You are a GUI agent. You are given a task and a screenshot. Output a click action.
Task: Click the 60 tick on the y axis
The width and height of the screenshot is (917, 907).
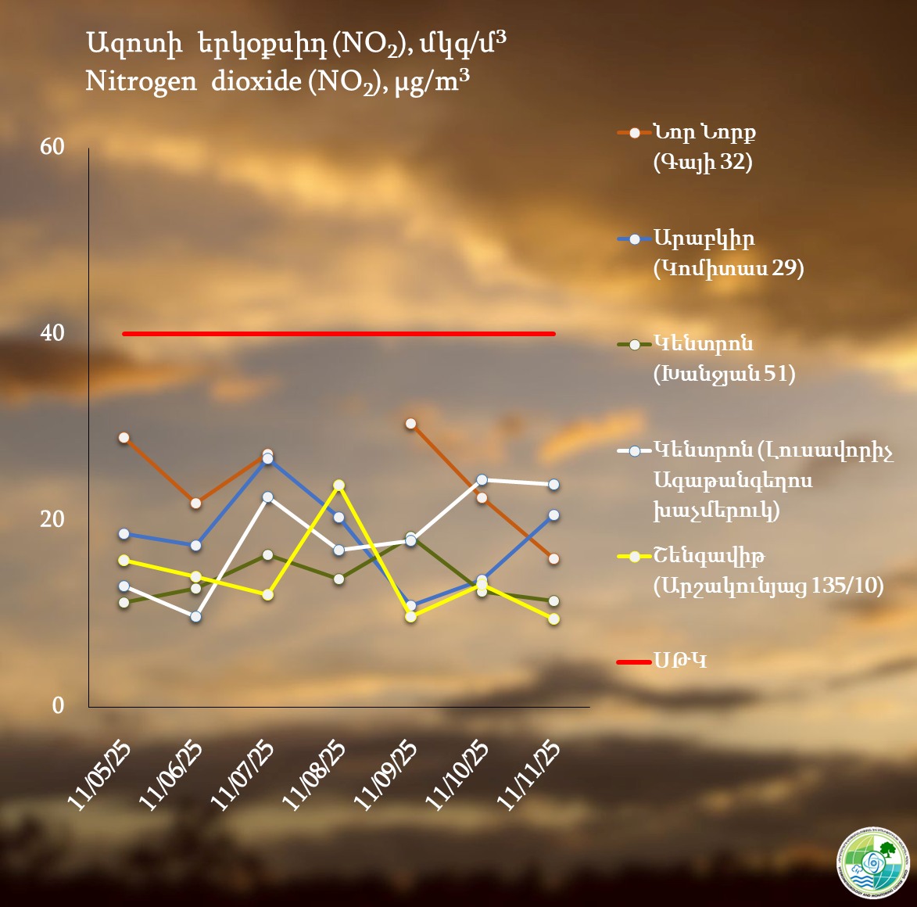pos(52,147)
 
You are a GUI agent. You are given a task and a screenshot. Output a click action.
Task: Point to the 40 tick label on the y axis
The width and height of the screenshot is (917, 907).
pos(52,333)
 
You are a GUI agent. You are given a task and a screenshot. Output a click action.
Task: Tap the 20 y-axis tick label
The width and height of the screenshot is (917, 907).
pos(52,519)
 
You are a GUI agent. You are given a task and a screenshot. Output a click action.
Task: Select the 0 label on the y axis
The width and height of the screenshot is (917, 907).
pos(58,705)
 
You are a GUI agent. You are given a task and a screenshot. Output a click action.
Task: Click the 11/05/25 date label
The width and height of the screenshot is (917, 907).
pos(100,775)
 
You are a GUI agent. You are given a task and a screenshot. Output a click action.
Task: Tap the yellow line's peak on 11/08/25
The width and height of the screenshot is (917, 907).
pos(339,485)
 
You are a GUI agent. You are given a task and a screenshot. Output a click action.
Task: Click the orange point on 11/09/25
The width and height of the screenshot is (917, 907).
pos(410,424)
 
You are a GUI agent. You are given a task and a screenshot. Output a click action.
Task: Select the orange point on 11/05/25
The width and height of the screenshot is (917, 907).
pos(124,438)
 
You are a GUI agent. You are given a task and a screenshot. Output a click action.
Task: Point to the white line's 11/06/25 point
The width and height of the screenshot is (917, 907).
pos(195,616)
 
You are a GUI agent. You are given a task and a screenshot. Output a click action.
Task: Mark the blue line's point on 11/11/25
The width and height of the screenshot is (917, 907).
pos(553,514)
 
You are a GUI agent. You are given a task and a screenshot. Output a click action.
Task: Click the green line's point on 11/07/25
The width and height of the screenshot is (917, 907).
pos(267,555)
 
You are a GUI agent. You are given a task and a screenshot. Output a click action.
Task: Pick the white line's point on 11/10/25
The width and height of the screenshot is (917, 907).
pos(482,480)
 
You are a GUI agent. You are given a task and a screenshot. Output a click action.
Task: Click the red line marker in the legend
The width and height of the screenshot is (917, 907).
pos(634,662)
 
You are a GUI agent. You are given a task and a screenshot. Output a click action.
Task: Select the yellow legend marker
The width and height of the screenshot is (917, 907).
pos(634,557)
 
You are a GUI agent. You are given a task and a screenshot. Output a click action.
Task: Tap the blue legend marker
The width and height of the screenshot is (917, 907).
pos(634,238)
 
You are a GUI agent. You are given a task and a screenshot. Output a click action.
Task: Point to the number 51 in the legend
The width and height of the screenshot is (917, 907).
pos(779,375)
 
